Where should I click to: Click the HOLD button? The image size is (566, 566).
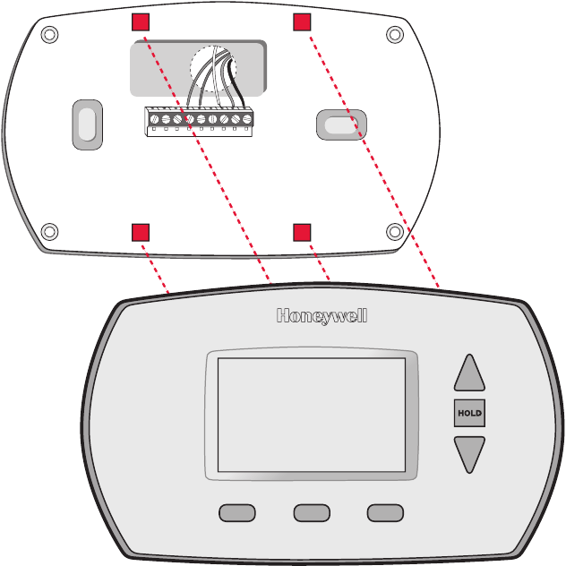coord(469,413)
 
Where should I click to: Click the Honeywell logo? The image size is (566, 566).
coord(322,316)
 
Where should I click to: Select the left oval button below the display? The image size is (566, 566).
coord(237,513)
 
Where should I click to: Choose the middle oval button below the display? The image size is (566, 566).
coord(312,513)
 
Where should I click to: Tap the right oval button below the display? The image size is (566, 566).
coord(385,513)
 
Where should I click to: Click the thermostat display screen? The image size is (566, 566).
coord(312,415)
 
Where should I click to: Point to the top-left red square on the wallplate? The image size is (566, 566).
coord(141,22)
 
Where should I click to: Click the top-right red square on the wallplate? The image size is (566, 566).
coord(302,22)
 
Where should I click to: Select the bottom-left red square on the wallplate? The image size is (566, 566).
coord(141,232)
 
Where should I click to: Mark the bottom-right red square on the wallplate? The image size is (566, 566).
coord(302,232)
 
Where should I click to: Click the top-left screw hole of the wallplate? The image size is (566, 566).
coord(49,35)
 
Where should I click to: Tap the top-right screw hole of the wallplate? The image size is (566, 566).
coord(395,35)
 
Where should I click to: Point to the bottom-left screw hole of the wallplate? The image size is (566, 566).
coord(49,231)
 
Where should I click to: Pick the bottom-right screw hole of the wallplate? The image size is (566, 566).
coord(395,231)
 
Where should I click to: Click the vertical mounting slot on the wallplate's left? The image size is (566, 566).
coord(88,124)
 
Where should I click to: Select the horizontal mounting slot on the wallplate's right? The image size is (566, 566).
coord(341,124)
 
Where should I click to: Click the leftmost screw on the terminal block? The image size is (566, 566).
coord(155,119)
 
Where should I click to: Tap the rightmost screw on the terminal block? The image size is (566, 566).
coord(247,119)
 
